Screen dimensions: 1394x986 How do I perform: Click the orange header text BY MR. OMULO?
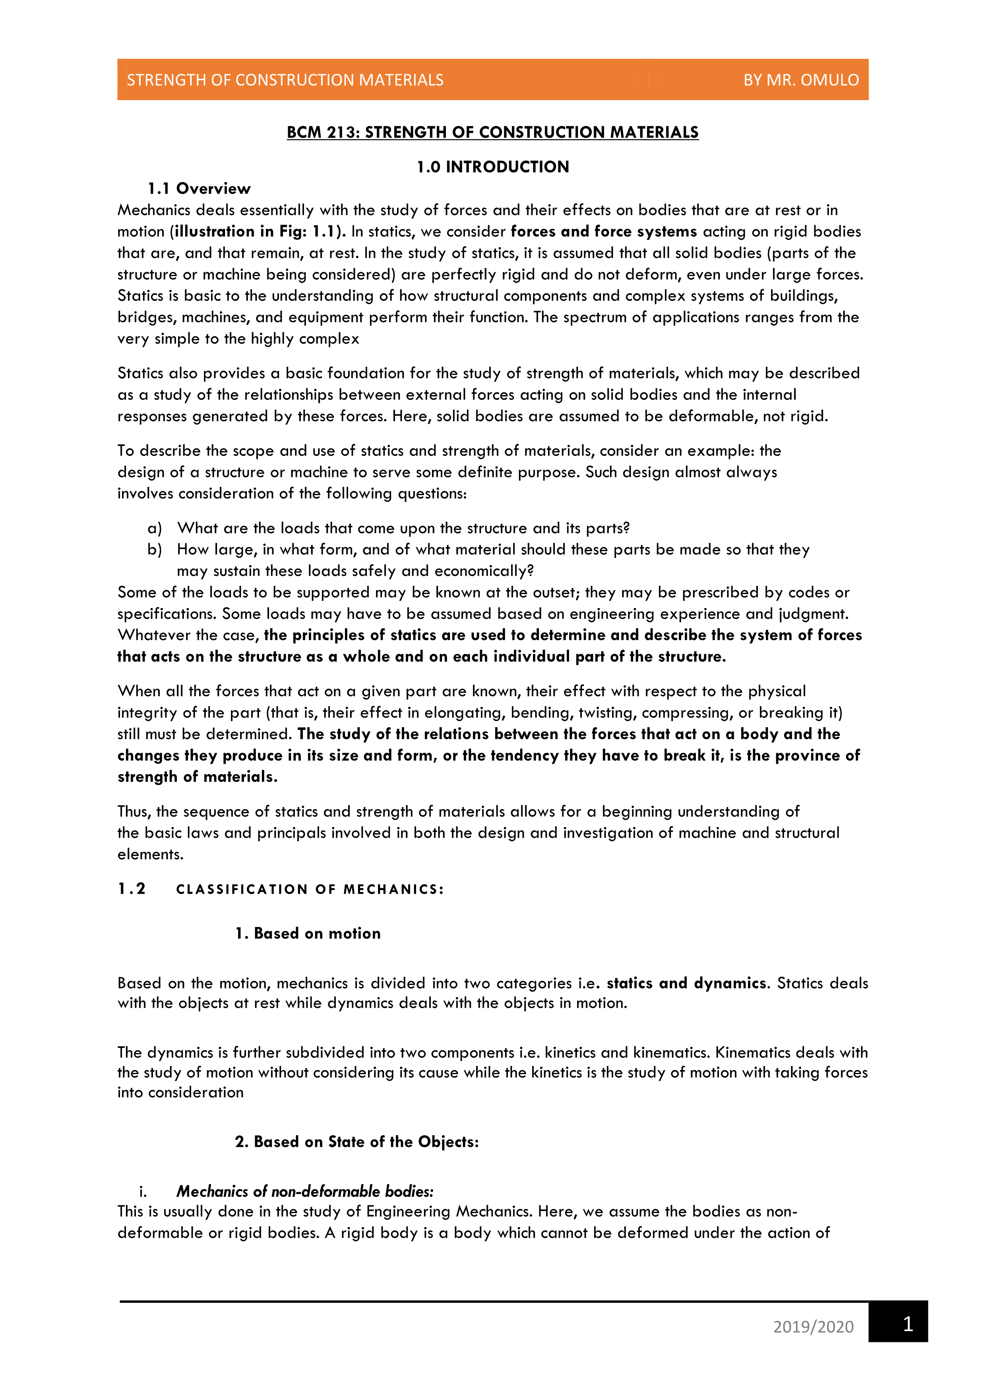(x=801, y=80)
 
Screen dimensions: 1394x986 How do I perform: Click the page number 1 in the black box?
(x=908, y=1324)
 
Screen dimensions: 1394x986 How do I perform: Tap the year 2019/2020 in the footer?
(x=813, y=1326)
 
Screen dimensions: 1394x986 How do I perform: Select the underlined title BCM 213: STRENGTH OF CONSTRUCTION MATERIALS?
(x=492, y=132)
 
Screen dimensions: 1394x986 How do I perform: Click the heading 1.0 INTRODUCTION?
(x=492, y=167)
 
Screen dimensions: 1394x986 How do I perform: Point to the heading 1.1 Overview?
(x=199, y=189)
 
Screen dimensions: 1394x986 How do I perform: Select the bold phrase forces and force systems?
(x=604, y=231)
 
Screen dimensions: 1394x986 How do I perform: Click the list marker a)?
(x=155, y=528)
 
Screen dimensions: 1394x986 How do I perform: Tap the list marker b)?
(x=155, y=550)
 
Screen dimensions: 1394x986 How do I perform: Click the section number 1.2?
(x=132, y=889)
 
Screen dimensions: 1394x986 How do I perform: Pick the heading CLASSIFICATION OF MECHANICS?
(x=310, y=889)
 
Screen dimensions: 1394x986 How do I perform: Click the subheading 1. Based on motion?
(x=308, y=933)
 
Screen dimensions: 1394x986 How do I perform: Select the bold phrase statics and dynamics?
(x=687, y=983)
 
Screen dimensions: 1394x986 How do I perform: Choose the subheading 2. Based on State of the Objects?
(x=357, y=1141)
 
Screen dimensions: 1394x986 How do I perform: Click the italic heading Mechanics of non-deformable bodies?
(x=305, y=1191)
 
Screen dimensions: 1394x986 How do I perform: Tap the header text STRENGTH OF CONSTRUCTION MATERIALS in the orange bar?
(x=285, y=80)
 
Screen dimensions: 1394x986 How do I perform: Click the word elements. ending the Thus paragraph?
(x=150, y=854)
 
